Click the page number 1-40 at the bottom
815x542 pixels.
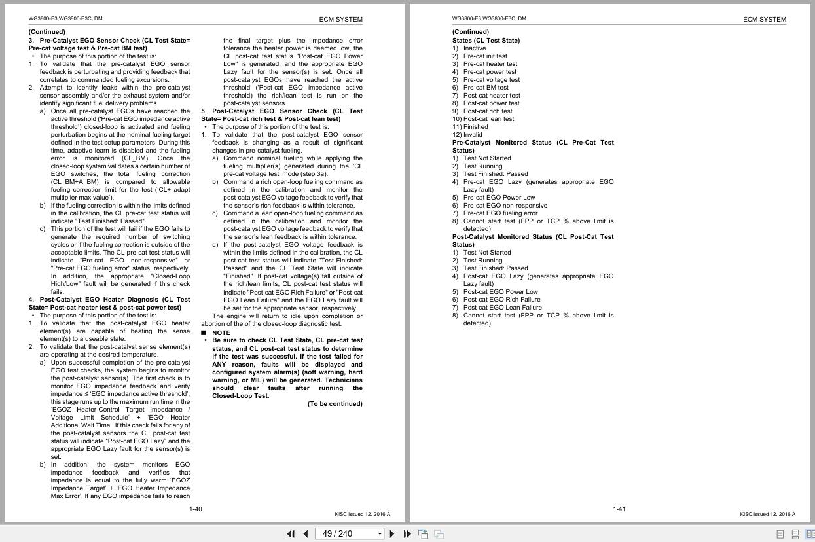pos(195,509)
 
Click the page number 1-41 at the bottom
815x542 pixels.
pos(619,509)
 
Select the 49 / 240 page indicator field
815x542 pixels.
pos(346,533)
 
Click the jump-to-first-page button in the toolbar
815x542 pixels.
pos(291,533)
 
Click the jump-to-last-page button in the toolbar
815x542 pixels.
pos(407,533)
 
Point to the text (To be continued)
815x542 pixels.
pos(335,404)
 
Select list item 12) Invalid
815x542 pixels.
pos(467,134)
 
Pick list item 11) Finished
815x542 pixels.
pos(470,126)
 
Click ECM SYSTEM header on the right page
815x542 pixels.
pos(764,19)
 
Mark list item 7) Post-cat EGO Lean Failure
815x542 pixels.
pos(496,307)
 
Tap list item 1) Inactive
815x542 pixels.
pos(469,48)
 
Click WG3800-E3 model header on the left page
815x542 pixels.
pos(65,18)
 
